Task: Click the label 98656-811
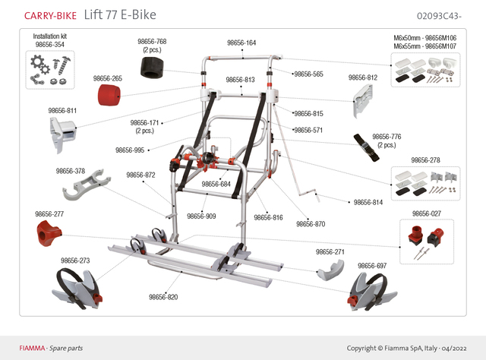(60, 111)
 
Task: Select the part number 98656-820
(163, 297)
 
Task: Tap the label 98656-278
(424, 160)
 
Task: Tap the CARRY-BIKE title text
(51, 15)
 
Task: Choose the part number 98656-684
(216, 184)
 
